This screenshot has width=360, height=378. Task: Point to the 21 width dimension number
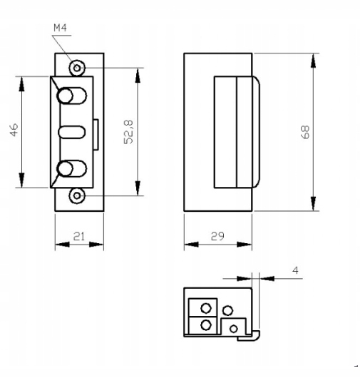[x=79, y=235]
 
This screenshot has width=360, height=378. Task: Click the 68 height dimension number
[x=304, y=132]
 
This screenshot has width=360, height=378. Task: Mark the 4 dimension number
[x=296, y=271]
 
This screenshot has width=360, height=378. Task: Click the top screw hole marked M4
[x=77, y=68]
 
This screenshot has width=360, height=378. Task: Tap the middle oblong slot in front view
[x=71, y=133]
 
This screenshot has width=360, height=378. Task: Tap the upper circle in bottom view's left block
[x=205, y=309]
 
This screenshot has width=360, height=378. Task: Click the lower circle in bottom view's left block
[x=205, y=325]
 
